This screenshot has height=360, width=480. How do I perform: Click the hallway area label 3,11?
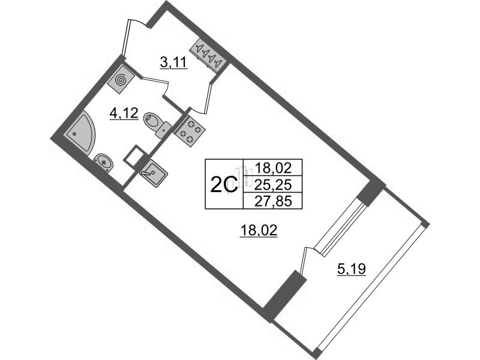[173, 64]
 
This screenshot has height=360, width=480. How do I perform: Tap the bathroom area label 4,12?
[124, 114]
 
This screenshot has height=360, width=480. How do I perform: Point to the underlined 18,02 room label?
[259, 230]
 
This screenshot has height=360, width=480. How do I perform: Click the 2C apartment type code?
[224, 184]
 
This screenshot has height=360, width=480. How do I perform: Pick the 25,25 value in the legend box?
[273, 184]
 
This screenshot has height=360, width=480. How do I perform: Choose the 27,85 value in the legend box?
[273, 202]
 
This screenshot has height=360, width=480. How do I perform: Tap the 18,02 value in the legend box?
[273, 167]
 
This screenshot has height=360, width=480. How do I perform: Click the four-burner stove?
[189, 131]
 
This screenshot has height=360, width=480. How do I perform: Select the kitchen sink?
[154, 173]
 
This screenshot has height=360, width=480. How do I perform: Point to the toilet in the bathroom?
[157, 124]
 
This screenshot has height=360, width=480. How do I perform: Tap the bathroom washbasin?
[103, 163]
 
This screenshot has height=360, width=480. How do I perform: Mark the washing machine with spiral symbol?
[121, 80]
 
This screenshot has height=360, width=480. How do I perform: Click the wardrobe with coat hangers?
[209, 55]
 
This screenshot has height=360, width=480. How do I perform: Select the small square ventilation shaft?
[133, 156]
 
